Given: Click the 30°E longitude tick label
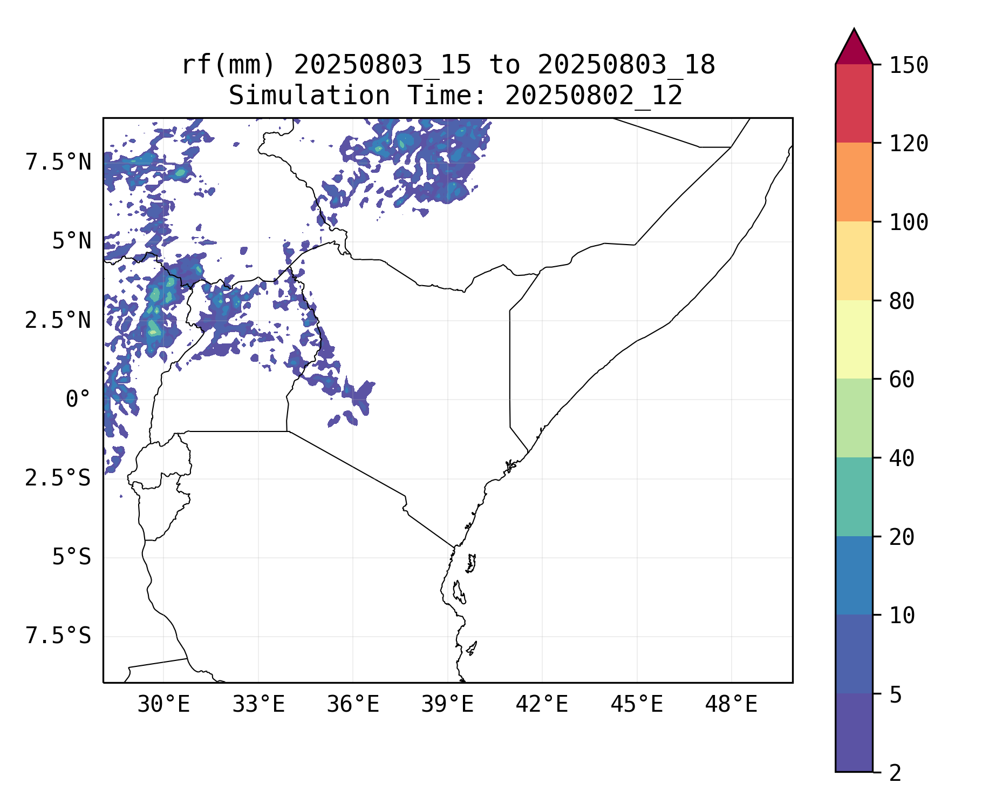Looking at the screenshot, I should pyautogui.click(x=163, y=704).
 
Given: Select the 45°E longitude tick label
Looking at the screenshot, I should pyautogui.click(x=637, y=704).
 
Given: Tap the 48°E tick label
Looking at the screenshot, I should pyautogui.click(x=731, y=704).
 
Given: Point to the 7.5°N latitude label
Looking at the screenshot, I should pyautogui.click(x=58, y=162).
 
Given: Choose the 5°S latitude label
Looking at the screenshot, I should pyautogui.click(x=71, y=557).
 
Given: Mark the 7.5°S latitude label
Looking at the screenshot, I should pyautogui.click(x=58, y=636).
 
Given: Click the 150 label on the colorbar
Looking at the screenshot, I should pyautogui.click(x=909, y=65).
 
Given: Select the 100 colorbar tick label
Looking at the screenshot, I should pyautogui.click(x=909, y=222).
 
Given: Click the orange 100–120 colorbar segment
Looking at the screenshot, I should pyautogui.click(x=854, y=182).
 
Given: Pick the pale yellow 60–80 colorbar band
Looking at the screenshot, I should pyautogui.click(x=854, y=339).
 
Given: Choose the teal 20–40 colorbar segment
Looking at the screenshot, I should pyautogui.click(x=854, y=497).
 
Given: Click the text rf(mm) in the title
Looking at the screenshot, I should pyautogui.click(x=228, y=65).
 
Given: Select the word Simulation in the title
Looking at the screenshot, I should pyautogui.click(x=309, y=96).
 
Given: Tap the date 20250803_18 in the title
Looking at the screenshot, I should pyautogui.click(x=626, y=65).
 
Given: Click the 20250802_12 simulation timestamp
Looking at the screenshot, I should pyautogui.click(x=594, y=96).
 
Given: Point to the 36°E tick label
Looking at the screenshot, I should pyautogui.click(x=353, y=704).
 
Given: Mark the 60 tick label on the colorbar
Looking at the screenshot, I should pyautogui.click(x=902, y=380).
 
